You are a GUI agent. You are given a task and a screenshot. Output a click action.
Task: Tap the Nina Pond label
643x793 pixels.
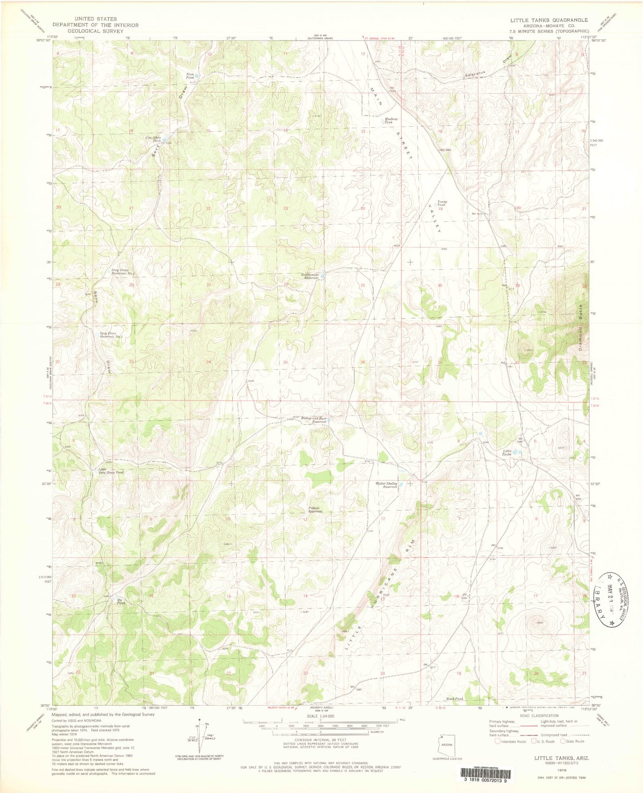click(191, 76)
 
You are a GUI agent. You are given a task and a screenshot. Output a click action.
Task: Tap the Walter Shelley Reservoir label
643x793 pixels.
click(386, 485)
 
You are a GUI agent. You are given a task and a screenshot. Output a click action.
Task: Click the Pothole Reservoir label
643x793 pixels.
click(315, 510)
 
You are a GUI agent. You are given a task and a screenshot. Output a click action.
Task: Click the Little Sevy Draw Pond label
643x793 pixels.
click(111, 471)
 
